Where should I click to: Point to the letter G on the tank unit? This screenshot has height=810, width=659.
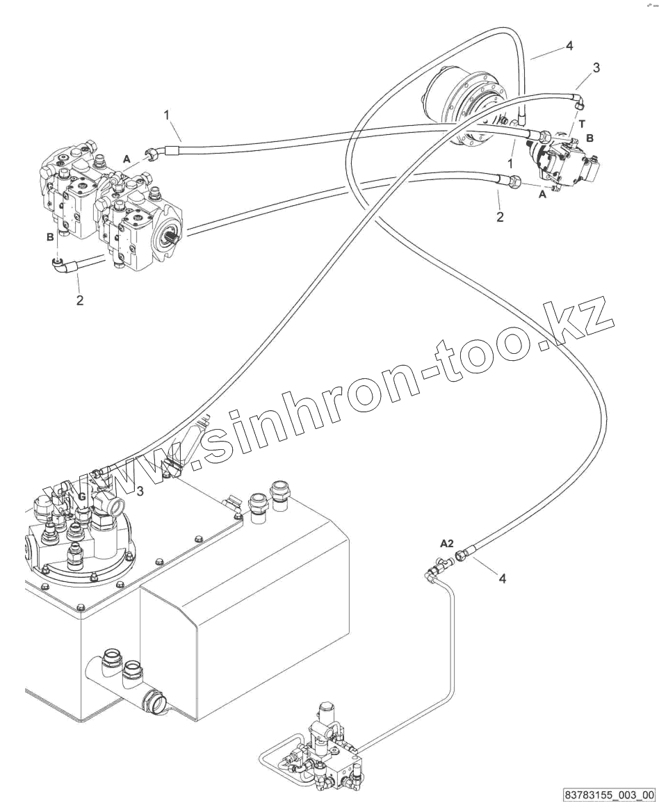point(81,496)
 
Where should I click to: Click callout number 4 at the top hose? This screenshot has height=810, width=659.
point(569,46)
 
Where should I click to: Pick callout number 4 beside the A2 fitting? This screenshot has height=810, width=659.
point(503,577)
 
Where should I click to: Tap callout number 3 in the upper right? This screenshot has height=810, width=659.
point(596,67)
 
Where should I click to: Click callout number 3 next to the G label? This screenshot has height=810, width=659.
point(140,492)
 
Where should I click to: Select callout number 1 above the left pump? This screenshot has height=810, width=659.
point(167,114)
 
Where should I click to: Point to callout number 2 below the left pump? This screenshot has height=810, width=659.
point(80,300)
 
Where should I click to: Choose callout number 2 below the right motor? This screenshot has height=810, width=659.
point(500,217)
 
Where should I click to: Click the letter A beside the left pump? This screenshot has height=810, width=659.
point(126,159)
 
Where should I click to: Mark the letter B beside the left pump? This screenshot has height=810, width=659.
point(50,238)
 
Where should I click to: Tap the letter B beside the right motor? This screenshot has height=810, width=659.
point(589,138)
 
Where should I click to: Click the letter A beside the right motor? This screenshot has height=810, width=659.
point(542,195)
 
